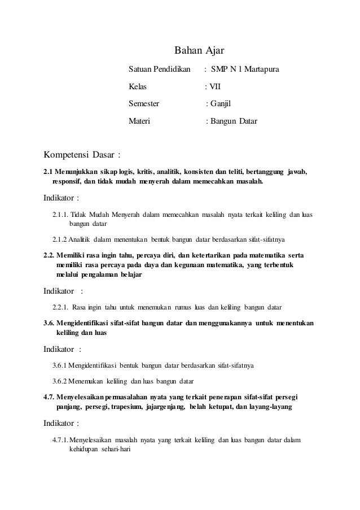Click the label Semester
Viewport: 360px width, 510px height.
click(144, 104)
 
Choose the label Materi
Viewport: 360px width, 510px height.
click(139, 121)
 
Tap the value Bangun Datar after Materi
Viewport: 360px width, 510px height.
click(234, 121)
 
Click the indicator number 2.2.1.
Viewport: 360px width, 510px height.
click(60, 307)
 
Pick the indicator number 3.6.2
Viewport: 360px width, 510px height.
click(61, 381)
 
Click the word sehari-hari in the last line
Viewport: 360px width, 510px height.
click(116, 450)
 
